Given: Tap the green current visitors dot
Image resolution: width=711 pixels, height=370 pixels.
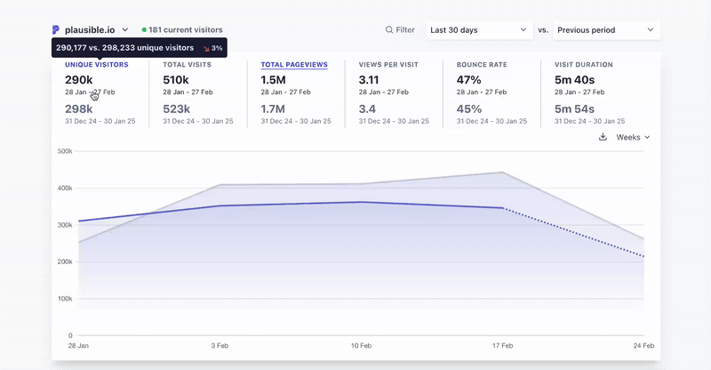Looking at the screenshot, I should pyautogui.click(x=144, y=30).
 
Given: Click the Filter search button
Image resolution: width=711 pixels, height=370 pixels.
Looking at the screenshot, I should pyautogui.click(x=400, y=30).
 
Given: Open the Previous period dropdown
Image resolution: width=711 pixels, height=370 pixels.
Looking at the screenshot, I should pyautogui.click(x=605, y=30).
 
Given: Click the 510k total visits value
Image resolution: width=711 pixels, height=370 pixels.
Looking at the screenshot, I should pyautogui.click(x=175, y=80).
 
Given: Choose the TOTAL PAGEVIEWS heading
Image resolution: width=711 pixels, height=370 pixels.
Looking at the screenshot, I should pyautogui.click(x=294, y=65).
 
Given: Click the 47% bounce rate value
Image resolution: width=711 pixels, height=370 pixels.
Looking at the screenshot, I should pyautogui.click(x=468, y=80).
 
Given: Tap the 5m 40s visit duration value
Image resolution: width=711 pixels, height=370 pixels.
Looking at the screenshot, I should pyautogui.click(x=574, y=80).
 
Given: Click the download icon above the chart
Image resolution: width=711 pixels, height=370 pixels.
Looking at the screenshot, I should pyautogui.click(x=603, y=137).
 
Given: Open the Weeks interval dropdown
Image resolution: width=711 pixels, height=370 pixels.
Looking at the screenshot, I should pyautogui.click(x=633, y=137).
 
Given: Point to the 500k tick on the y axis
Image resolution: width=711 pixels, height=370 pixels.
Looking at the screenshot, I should pyautogui.click(x=64, y=151).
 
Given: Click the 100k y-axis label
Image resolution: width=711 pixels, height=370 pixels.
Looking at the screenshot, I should pyautogui.click(x=64, y=299).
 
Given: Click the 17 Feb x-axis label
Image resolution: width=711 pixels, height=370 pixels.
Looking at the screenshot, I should pyautogui.click(x=503, y=345).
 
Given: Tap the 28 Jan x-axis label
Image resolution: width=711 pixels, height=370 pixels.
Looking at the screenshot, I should pyautogui.click(x=78, y=345).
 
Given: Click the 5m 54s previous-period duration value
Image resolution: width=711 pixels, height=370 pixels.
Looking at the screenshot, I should pyautogui.click(x=574, y=109).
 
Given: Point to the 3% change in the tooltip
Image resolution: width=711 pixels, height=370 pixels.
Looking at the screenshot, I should pyautogui.click(x=212, y=48).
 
